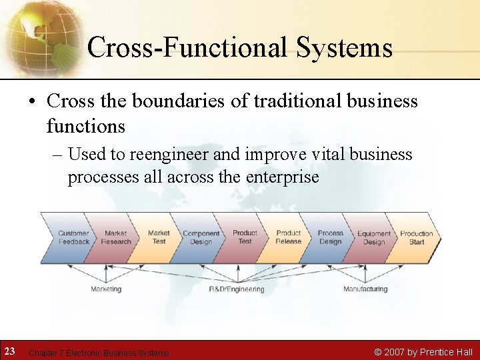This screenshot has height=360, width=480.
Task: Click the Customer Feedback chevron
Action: point(72,238)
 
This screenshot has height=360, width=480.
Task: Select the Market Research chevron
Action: point(115,238)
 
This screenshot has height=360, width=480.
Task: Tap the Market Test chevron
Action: point(159,238)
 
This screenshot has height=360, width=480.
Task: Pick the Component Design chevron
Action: point(201,238)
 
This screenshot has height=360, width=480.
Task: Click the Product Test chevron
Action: point(245,238)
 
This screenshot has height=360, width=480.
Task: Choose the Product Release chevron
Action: point(288,238)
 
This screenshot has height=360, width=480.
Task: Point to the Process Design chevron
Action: point(330,238)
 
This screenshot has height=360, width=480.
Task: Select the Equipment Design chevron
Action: point(373,238)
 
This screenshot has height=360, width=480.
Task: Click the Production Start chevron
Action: point(417,238)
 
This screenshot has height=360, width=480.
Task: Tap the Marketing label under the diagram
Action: point(106,289)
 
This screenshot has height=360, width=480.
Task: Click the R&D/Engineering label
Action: point(237,289)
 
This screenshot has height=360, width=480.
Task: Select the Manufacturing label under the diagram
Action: point(365,289)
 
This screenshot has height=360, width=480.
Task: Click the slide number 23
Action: point(10,351)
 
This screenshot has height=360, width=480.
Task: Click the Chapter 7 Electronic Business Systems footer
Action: point(99,353)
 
